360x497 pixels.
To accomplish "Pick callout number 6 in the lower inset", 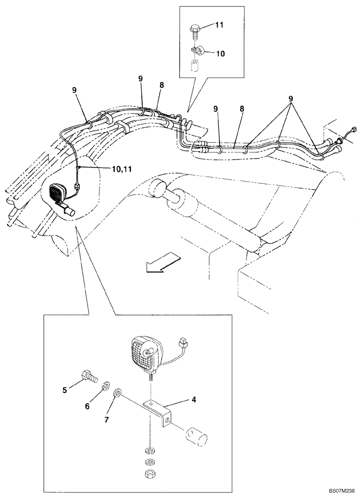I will point(88,406).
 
